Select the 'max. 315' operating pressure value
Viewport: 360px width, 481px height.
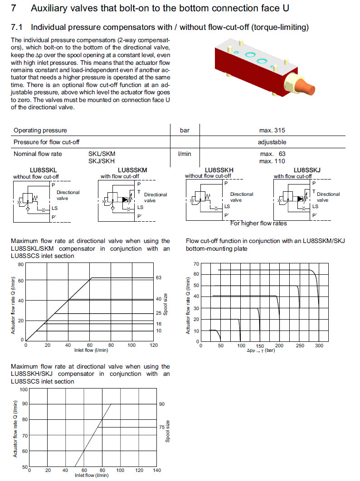coord(272,131)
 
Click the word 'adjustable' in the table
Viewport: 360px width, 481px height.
coord(272,142)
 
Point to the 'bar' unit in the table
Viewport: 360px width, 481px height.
coord(185,131)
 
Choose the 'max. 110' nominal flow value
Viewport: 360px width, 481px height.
coord(272,161)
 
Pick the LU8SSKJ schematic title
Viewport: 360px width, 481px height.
coord(307,170)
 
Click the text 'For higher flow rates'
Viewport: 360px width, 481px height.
coord(258,223)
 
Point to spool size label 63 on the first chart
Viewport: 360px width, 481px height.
coord(159,277)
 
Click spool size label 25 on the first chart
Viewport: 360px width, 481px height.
coord(159,313)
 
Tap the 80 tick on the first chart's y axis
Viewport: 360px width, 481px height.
coord(20,264)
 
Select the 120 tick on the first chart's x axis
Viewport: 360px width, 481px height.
coord(154,345)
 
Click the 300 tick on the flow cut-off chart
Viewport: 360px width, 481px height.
coord(319,346)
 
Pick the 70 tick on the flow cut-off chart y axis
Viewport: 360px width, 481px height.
coord(196,264)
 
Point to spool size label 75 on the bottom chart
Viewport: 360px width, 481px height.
coord(162,427)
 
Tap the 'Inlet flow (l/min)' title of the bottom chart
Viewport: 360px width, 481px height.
coord(92,476)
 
